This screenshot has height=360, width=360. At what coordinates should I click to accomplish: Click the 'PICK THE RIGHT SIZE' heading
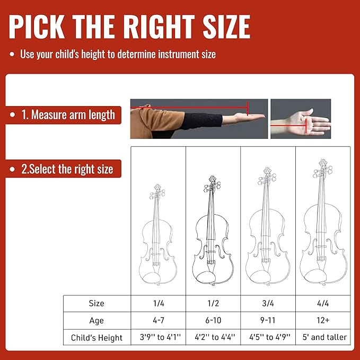click(129, 27)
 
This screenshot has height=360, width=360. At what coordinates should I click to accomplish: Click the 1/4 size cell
click(158, 303)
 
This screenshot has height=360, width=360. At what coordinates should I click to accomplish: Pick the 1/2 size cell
click(213, 303)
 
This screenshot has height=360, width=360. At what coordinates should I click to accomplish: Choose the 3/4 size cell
click(268, 303)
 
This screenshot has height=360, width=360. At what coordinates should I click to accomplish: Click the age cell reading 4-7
click(158, 320)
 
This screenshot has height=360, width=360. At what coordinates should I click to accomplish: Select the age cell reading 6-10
click(213, 320)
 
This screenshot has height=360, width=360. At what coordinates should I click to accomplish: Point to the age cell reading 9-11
click(268, 320)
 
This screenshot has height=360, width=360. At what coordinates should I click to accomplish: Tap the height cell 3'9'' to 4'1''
click(158, 337)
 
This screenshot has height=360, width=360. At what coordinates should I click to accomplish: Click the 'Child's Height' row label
click(96, 337)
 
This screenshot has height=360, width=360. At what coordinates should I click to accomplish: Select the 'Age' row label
click(96, 320)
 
